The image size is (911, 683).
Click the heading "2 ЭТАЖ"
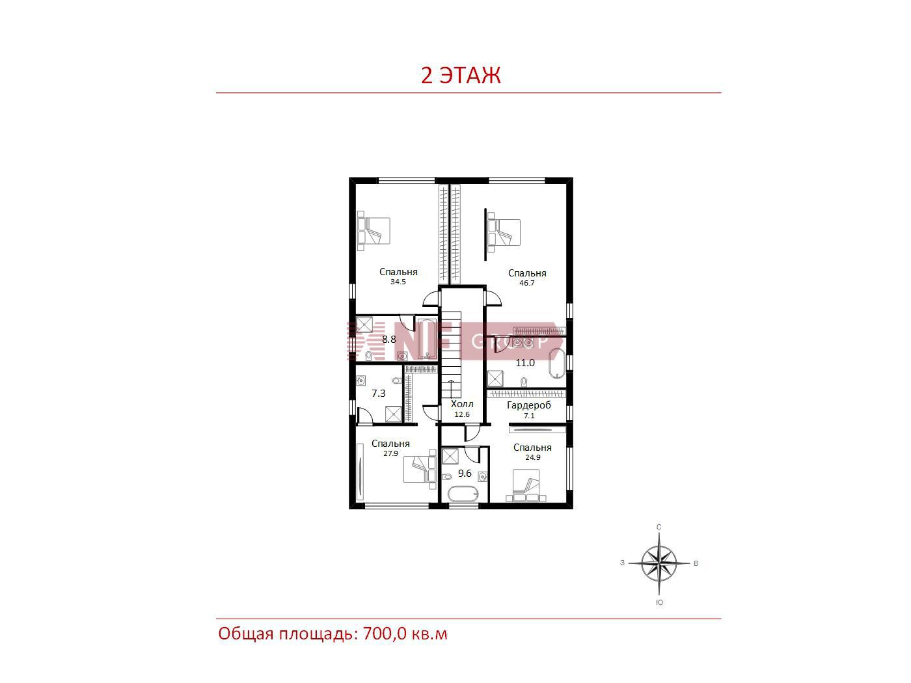[461, 75]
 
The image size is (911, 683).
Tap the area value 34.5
[398, 282]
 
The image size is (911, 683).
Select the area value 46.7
[526, 283]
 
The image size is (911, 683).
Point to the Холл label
[462, 403]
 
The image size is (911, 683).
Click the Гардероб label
[529, 405]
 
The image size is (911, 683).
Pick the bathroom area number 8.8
[389, 339]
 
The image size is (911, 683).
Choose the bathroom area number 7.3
[379, 393]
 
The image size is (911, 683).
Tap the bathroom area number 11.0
[525, 363]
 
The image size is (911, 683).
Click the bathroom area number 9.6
[465, 473]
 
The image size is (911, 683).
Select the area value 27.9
[390, 453]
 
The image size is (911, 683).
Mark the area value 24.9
[533, 457]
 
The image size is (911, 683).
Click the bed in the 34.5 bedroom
[374, 231]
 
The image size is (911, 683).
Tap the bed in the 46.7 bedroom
[504, 232]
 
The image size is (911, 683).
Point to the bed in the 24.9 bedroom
[526, 485]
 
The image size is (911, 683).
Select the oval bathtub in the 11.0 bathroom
[557, 364]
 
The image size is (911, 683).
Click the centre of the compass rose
[659, 563]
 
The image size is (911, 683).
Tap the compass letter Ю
[659, 602]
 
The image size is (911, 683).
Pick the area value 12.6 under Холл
[462, 414]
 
